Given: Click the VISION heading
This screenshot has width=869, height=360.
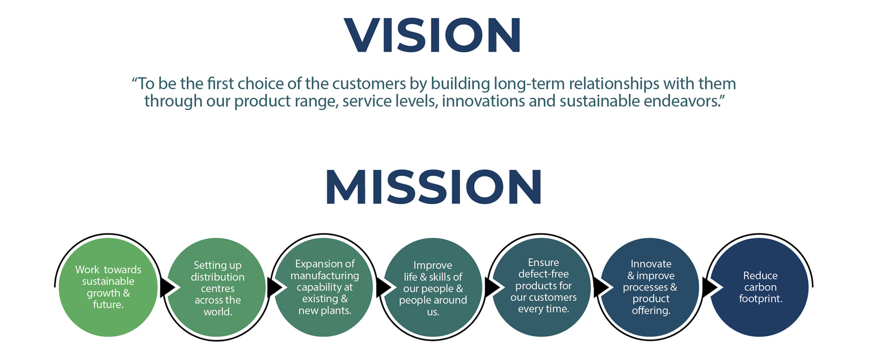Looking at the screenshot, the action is pyautogui.click(x=432, y=35).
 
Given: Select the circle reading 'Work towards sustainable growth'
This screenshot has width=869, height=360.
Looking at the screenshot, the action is pyautogui.click(x=108, y=287).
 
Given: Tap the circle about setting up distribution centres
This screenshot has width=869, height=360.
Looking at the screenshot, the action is pyautogui.click(x=217, y=287).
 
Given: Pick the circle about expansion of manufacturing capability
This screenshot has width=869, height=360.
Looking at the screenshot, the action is pyautogui.click(x=324, y=287).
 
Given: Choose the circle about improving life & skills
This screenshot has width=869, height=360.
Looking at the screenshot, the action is pyautogui.click(x=433, y=287).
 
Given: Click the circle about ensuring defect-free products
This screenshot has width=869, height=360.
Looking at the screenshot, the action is pyautogui.click(x=542, y=287).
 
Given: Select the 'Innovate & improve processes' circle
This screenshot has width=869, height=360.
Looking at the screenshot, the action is pyautogui.click(x=650, y=287).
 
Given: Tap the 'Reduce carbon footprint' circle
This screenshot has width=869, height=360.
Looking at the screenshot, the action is pyautogui.click(x=759, y=287).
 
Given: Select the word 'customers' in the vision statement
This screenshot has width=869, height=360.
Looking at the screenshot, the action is pyautogui.click(x=369, y=83).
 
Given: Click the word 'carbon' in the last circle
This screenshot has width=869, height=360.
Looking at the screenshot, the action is pyautogui.click(x=760, y=287).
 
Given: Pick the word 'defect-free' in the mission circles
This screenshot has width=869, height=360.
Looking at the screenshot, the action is pyautogui.click(x=544, y=274).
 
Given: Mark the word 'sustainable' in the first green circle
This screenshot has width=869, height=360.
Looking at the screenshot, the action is pyautogui.click(x=108, y=281).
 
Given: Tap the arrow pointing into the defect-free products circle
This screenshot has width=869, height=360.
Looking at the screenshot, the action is pyautogui.click(x=493, y=288).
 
